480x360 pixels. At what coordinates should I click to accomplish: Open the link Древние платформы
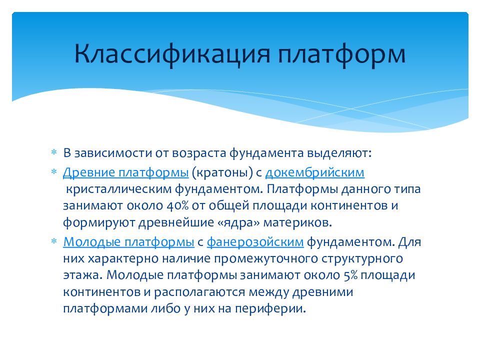[x=126, y=173]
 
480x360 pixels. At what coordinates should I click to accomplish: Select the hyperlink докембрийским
[x=315, y=172]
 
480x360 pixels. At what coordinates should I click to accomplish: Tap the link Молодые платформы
[x=129, y=242]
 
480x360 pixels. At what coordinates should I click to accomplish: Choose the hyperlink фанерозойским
[x=255, y=242]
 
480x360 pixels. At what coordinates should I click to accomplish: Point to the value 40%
[x=177, y=205]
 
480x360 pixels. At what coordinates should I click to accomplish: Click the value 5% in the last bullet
[x=350, y=275]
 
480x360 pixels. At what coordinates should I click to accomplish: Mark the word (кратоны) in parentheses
[x=222, y=173]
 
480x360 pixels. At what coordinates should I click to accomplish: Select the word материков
[x=297, y=222]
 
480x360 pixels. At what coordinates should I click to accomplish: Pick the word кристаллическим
[x=119, y=189]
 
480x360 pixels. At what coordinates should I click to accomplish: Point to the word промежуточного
[x=265, y=259]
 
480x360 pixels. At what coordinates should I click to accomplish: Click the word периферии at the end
[x=270, y=308]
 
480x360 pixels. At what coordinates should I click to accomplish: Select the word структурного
[x=362, y=259]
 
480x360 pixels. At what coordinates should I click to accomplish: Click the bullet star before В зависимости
[x=54, y=152]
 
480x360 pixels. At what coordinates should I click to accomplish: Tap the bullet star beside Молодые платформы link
[x=54, y=241]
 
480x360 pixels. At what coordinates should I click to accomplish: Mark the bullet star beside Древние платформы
[x=54, y=171]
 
